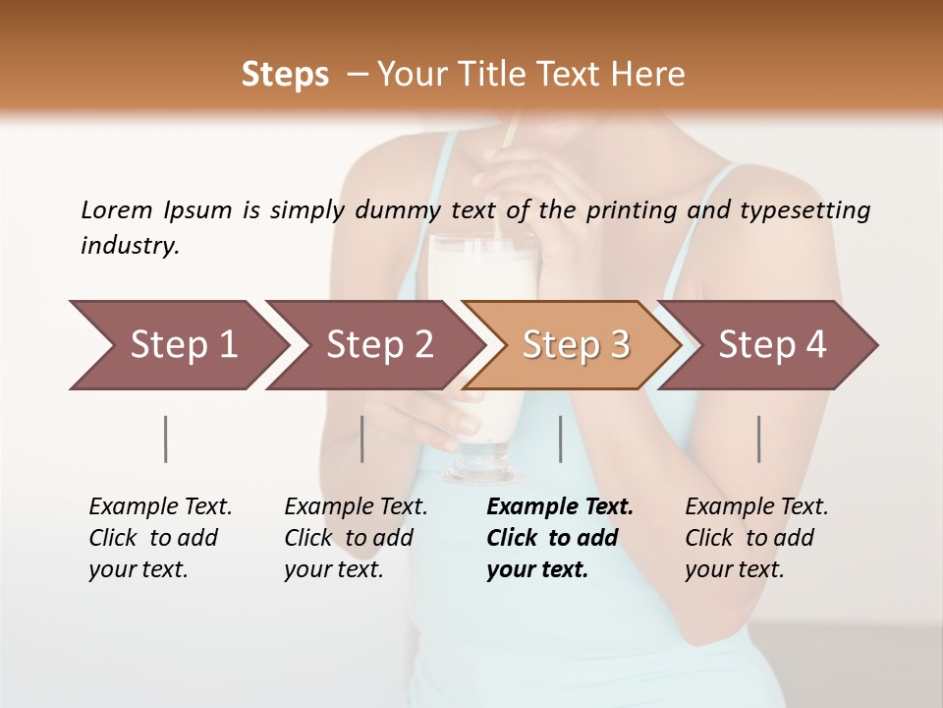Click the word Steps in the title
285,75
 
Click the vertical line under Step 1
165,439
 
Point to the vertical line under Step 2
362,439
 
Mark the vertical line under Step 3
560,439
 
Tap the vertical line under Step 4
758,439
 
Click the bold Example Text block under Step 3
560,538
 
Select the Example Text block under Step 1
160,538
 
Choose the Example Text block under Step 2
356,538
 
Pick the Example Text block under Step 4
756,538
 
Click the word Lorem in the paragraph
116,209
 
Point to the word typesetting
804,210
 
